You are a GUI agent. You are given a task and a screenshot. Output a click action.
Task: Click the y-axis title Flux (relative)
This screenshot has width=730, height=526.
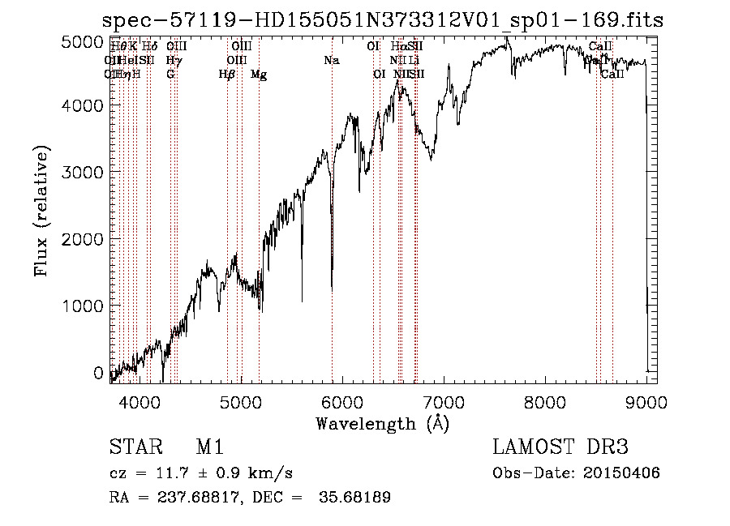click(41, 211)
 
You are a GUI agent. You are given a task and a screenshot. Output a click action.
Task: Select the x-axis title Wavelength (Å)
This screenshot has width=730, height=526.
click(382, 423)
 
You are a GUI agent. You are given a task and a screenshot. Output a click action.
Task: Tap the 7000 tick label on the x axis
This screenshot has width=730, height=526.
click(444, 401)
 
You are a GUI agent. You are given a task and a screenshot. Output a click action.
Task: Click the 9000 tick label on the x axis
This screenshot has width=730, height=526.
click(646, 401)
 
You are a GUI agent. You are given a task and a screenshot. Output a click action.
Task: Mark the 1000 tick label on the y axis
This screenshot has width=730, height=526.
click(84, 306)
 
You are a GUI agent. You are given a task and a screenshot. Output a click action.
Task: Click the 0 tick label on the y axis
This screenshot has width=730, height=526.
click(99, 373)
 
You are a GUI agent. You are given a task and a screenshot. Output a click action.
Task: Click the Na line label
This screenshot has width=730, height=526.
click(331, 61)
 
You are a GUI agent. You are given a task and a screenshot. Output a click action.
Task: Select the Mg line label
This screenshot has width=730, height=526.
click(259, 75)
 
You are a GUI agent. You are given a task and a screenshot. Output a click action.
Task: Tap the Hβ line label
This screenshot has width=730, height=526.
click(227, 75)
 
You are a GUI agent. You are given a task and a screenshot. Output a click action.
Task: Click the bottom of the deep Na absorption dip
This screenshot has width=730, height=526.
click(332, 289)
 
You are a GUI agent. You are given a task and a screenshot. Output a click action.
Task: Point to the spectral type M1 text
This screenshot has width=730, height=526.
click(209, 447)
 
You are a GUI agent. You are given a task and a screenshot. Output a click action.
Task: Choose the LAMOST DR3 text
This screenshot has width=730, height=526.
click(559, 447)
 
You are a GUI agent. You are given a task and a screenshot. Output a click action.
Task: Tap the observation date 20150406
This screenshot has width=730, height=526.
click(629, 473)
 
